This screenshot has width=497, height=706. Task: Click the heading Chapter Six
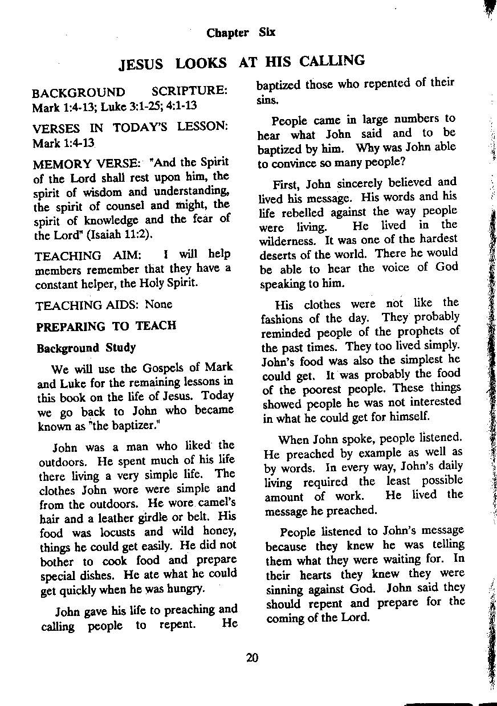tap(241, 32)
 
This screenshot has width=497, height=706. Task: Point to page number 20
tap(252, 658)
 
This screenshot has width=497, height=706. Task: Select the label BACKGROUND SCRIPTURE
tap(130, 92)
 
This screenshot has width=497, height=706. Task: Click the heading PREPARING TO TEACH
tap(106, 327)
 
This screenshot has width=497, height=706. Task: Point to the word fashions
tap(282, 319)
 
